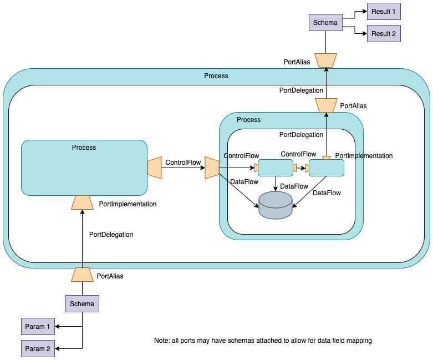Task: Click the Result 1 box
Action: (x=384, y=11)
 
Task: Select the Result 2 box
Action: (x=384, y=33)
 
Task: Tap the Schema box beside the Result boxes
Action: (x=325, y=23)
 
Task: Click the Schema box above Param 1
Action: (x=82, y=303)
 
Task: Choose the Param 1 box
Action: (x=38, y=327)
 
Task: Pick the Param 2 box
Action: (x=38, y=349)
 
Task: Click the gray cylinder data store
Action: (x=276, y=205)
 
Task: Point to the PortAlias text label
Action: (x=353, y=105)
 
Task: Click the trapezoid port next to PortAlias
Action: (x=326, y=105)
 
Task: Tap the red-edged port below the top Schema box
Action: (x=325, y=60)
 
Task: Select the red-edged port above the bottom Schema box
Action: (x=82, y=275)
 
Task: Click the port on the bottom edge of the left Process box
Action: (x=82, y=202)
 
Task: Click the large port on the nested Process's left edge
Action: (x=212, y=168)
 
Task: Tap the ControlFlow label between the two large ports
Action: (x=183, y=163)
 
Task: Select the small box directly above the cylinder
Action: (x=276, y=168)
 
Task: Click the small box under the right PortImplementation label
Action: (x=326, y=168)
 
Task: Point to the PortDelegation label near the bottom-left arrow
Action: (x=111, y=235)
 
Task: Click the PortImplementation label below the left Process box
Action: (x=128, y=204)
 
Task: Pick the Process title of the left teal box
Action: (x=84, y=148)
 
